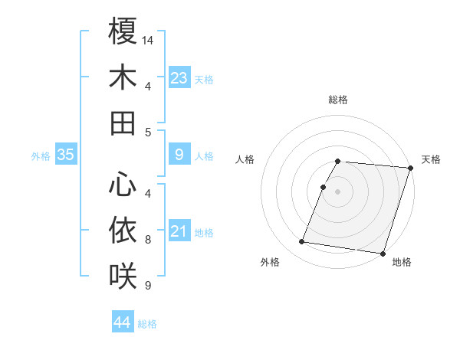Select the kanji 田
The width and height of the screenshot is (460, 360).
point(123,123)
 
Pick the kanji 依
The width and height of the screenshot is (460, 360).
point(123,229)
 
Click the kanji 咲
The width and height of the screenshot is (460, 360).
point(123,275)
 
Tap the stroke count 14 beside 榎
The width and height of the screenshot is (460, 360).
point(149,39)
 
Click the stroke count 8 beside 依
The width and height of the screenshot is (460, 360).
point(148,240)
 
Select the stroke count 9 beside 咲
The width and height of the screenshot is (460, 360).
point(148,286)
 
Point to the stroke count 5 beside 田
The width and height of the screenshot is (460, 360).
point(148,132)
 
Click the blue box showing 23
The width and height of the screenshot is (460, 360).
point(179,77)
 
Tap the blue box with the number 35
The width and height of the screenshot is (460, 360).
point(66,155)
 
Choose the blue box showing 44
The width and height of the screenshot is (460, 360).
point(123,322)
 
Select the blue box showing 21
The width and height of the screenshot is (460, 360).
point(179,231)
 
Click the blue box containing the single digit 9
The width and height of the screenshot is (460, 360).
point(179,155)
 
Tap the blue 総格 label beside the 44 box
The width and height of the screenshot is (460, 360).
point(147,324)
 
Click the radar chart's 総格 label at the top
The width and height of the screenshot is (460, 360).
point(338,100)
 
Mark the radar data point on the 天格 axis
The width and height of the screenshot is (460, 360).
point(410,168)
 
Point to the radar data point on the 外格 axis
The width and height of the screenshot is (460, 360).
point(302,242)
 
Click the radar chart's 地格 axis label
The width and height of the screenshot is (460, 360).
point(402,263)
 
